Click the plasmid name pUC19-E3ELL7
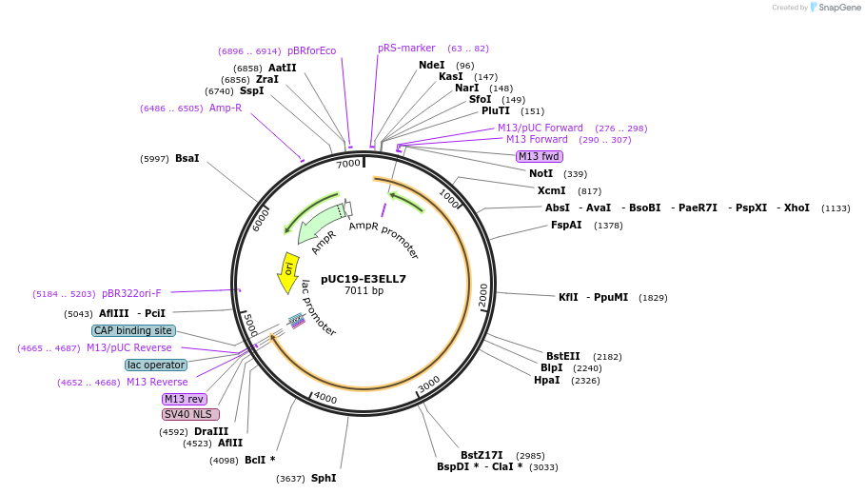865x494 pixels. [x=364, y=279]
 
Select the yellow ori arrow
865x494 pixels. [x=287, y=272]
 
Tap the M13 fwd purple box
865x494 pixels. [x=540, y=156]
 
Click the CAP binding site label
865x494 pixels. [x=134, y=330]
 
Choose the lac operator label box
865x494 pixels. [x=156, y=365]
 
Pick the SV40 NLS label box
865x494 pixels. [x=190, y=414]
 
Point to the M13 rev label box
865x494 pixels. [x=185, y=399]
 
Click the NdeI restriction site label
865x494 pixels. [x=431, y=66]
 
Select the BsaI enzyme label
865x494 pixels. [x=187, y=158]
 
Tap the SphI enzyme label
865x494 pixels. [x=324, y=478]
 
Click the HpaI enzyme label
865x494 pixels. [x=547, y=381]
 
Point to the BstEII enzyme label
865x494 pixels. [x=562, y=356]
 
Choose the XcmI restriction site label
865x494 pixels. [x=551, y=190]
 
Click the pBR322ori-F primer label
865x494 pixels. [x=131, y=294]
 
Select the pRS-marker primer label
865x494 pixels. [x=406, y=48]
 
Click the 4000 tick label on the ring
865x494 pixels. [x=325, y=397]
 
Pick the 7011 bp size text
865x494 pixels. [x=364, y=291]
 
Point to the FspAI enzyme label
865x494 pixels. [x=566, y=226]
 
